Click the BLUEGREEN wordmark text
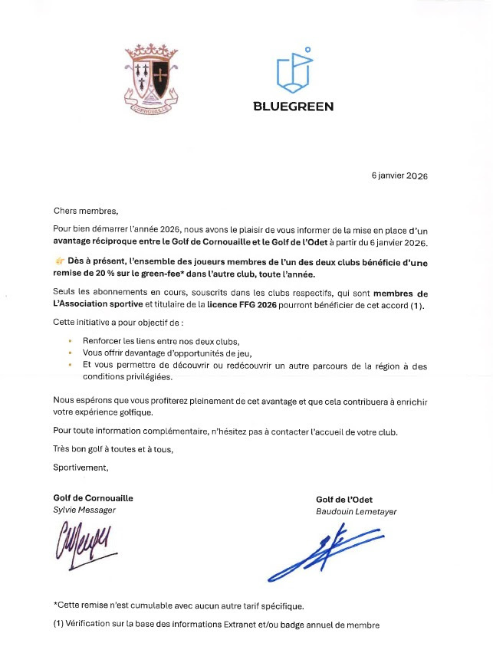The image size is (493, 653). pyautogui.click(x=293, y=107)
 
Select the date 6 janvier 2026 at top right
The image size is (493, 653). pyautogui.click(x=399, y=176)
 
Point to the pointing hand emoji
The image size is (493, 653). pyautogui.click(x=59, y=262)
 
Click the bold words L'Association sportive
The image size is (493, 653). pyautogui.click(x=95, y=306)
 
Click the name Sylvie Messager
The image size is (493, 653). pyautogui.click(x=85, y=510)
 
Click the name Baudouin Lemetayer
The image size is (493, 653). pyautogui.click(x=356, y=511)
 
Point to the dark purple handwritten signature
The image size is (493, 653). pyautogui.click(x=83, y=542)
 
